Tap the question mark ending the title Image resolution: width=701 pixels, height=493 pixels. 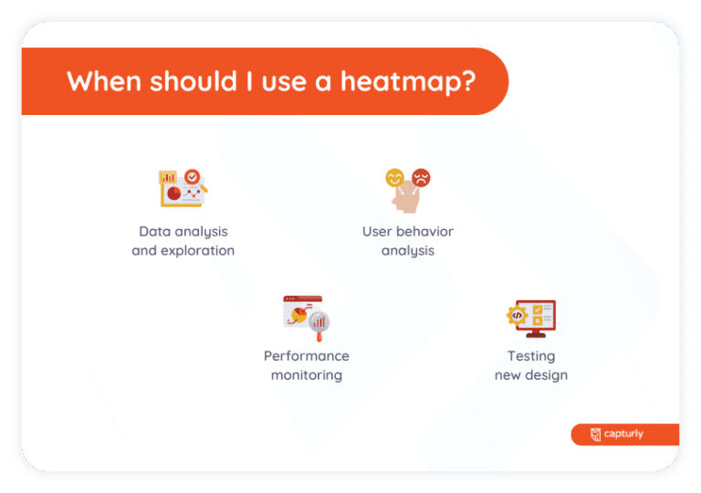click(x=467, y=81)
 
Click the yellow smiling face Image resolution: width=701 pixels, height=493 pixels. click(x=395, y=177)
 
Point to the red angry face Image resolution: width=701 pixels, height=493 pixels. click(x=421, y=177)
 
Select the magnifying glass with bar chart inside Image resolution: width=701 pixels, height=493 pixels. click(x=319, y=322)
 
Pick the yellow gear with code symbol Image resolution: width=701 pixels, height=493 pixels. click(x=517, y=316)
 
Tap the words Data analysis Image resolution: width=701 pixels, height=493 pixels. click(x=183, y=232)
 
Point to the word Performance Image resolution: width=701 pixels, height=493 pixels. click(x=307, y=356)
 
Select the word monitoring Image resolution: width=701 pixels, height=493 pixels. click(x=307, y=374)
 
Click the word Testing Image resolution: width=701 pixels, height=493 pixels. click(x=531, y=356)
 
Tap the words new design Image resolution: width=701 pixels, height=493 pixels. click(x=531, y=374)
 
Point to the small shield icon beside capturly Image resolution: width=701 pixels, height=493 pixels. click(x=596, y=435)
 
